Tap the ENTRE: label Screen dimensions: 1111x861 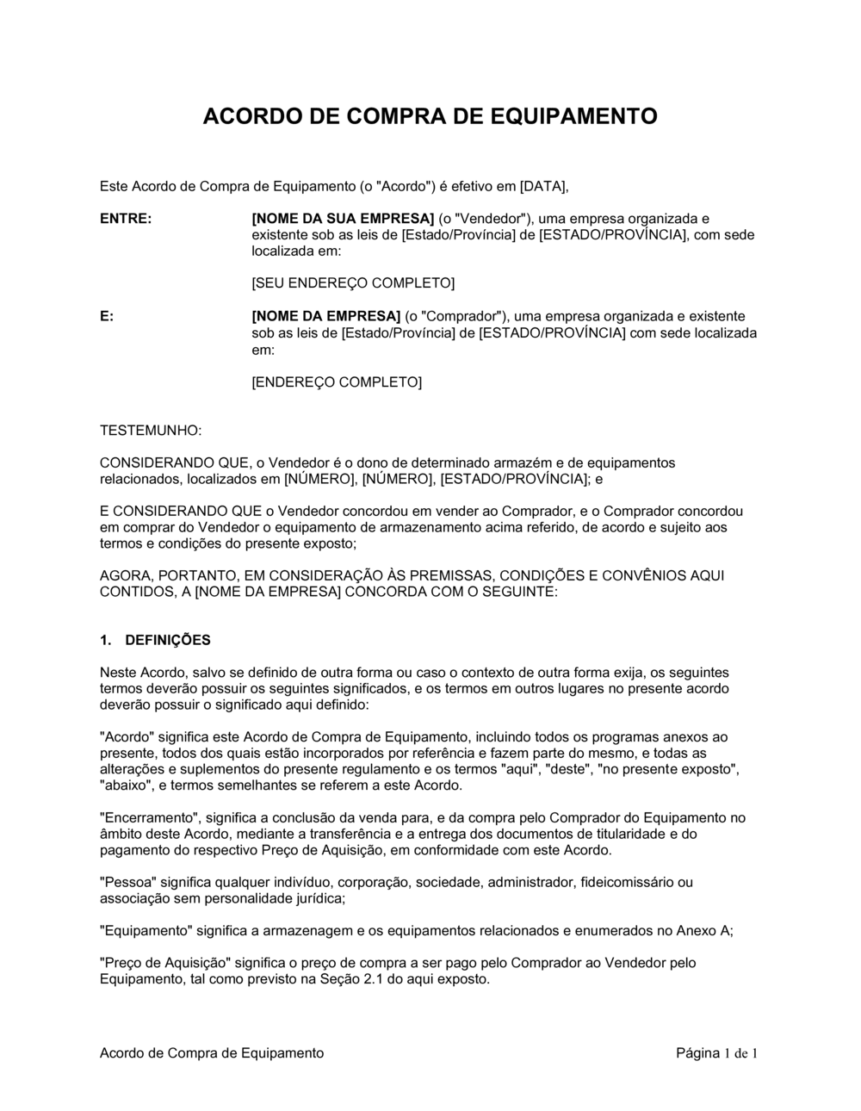126,219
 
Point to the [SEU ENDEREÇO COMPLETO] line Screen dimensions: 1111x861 353,283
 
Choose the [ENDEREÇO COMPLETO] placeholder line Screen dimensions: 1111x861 337,382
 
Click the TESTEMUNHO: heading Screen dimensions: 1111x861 152,429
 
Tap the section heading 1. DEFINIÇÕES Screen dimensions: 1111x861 155,640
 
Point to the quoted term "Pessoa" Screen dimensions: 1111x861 127,881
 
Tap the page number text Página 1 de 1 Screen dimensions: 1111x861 716,1052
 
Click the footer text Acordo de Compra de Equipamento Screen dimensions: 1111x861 212,1052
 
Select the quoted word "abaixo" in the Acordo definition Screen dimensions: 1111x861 127,785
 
